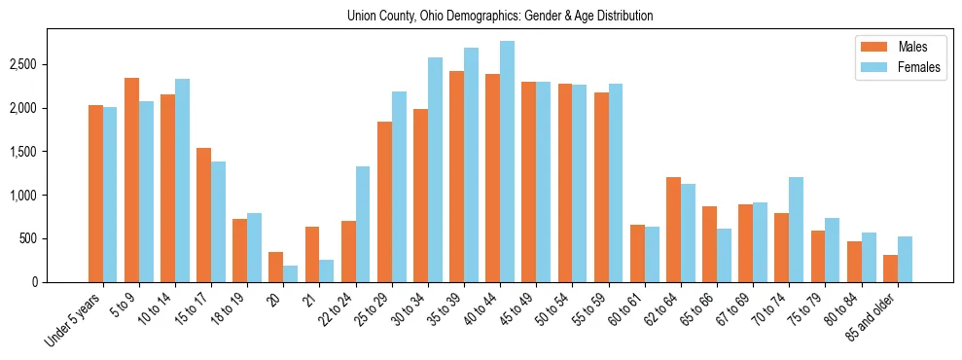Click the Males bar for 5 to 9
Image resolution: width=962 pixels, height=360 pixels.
click(131, 180)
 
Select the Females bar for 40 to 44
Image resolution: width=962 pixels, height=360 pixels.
click(507, 162)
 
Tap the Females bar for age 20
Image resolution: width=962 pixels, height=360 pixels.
click(290, 273)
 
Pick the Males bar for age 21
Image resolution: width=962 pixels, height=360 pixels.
click(312, 254)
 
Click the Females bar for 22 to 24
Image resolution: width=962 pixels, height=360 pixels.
click(362, 224)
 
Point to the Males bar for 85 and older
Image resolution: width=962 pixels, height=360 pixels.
click(890, 269)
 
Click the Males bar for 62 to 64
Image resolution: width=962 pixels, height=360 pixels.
click(673, 230)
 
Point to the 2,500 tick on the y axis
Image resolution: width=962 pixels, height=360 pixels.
click(50, 64)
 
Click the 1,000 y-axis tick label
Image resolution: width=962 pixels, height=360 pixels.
click(50, 195)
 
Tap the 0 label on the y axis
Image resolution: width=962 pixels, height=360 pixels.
click(59, 282)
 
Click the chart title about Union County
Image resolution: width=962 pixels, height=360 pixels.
click(500, 17)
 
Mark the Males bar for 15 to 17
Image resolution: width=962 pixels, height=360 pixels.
click(203, 215)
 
